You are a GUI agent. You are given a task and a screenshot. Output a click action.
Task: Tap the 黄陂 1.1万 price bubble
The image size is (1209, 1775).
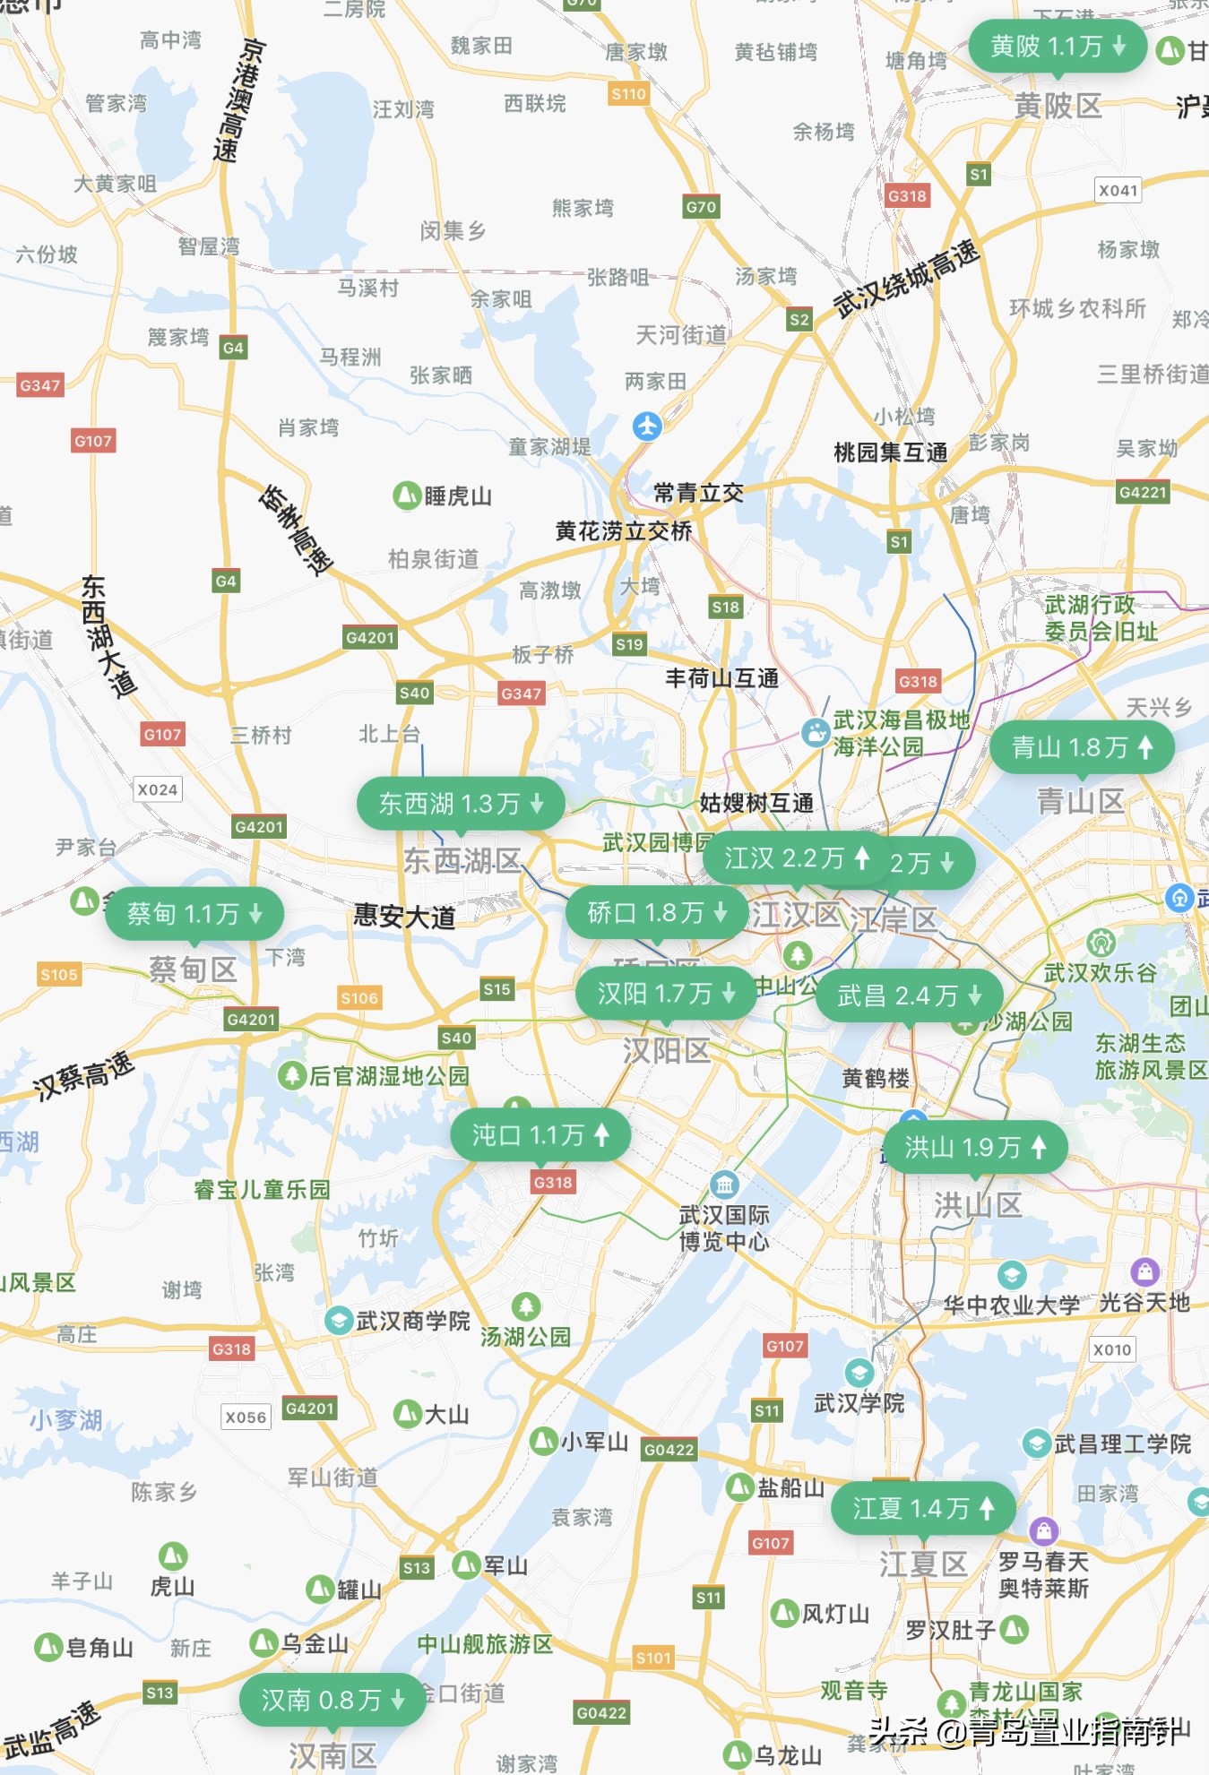(1057, 46)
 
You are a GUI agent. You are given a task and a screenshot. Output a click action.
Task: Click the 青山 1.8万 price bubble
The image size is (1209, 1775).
(1081, 746)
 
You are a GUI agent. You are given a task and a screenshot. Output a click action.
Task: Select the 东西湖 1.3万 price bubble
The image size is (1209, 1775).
(460, 803)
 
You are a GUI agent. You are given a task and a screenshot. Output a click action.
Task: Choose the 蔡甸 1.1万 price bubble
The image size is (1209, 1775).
(194, 913)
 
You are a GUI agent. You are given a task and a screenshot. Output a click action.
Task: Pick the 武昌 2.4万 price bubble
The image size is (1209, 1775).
(908, 995)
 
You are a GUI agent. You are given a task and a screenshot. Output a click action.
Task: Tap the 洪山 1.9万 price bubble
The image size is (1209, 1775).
(974, 1146)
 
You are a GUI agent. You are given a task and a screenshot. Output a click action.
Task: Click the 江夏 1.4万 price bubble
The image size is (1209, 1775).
(923, 1508)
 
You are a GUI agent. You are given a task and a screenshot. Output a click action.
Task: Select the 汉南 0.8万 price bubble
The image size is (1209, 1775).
(332, 1699)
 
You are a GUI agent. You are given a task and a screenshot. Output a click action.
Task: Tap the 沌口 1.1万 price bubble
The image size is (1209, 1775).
(540, 1134)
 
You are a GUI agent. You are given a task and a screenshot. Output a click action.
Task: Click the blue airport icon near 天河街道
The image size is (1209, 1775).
(647, 425)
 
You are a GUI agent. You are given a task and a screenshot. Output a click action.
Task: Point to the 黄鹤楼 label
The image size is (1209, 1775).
(876, 1078)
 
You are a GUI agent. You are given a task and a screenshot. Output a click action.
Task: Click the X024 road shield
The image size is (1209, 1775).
(158, 789)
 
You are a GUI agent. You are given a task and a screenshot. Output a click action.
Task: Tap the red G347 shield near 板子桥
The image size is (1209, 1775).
(521, 693)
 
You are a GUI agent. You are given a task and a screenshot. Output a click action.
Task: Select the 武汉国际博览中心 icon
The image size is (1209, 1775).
(724, 1185)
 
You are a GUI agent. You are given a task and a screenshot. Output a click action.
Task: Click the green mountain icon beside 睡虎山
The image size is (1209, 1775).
(407, 495)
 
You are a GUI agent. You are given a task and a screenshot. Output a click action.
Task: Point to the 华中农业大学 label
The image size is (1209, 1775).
(1011, 1305)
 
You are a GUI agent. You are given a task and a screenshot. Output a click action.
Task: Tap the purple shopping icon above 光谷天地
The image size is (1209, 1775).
(1144, 1271)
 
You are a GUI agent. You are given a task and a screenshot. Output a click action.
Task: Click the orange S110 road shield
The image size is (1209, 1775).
(628, 93)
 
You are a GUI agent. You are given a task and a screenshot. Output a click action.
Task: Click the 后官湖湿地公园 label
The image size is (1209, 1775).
(388, 1075)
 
